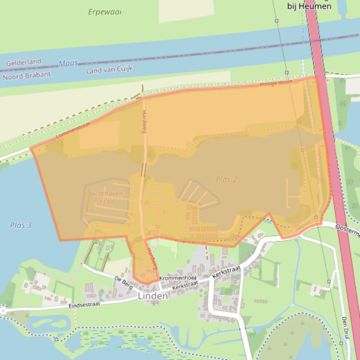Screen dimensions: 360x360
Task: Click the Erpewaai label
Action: (x=104, y=12)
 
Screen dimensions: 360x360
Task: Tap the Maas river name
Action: (x=68, y=63)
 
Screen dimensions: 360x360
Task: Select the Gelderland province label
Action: (x=23, y=62)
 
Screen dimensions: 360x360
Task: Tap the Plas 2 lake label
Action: (x=227, y=179)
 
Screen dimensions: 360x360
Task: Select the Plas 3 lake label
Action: (x=21, y=225)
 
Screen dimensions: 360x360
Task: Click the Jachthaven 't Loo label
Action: (x=106, y=198)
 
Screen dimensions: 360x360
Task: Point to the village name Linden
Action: (x=153, y=296)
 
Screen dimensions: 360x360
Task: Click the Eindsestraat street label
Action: (x=84, y=305)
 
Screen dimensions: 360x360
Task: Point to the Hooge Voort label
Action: (x=276, y=82)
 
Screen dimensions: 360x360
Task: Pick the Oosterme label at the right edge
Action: (x=347, y=227)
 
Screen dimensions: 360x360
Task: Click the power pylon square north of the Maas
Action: (x=276, y=21)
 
